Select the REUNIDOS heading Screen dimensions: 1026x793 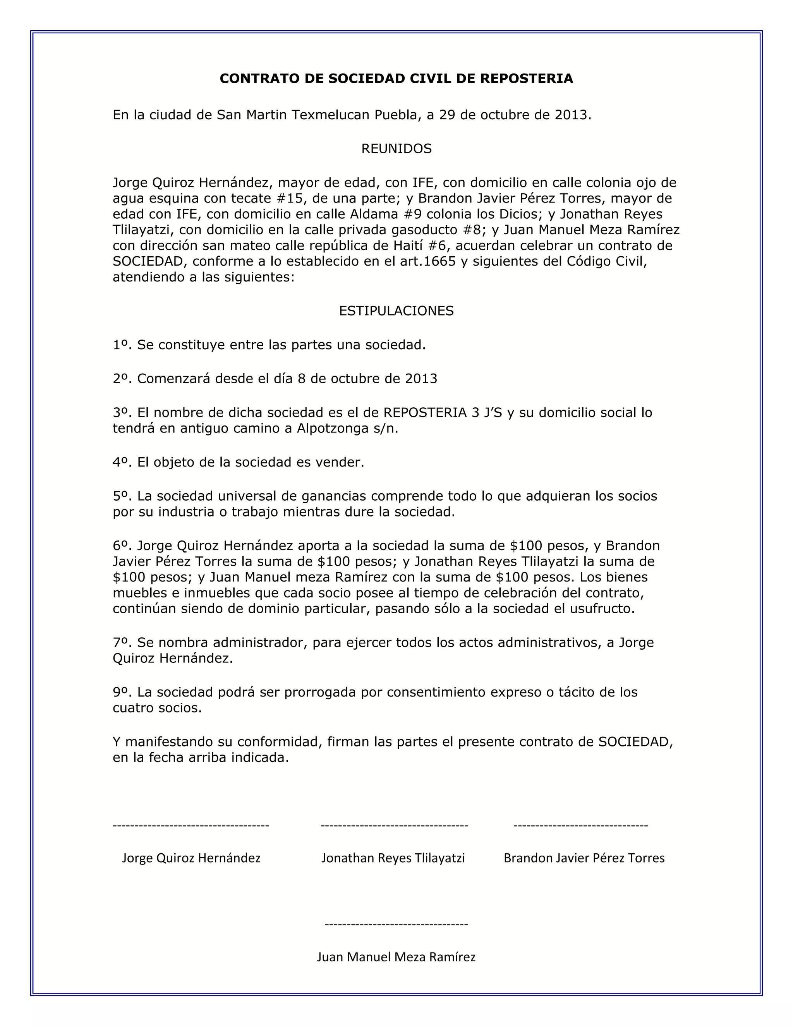(396, 149)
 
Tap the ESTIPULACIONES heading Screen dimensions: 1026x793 (396, 311)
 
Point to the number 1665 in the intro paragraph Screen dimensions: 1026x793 (439, 262)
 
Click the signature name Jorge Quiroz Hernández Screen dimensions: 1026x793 (191, 858)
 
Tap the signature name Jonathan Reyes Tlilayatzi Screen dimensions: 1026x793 (393, 858)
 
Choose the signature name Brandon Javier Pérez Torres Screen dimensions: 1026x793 (584, 858)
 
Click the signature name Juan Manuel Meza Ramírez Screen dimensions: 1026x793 (396, 957)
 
